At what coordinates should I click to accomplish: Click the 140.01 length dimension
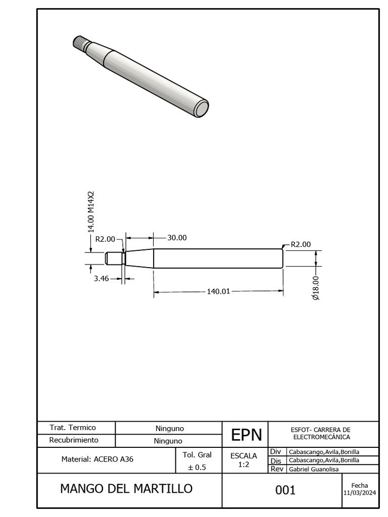point(218,291)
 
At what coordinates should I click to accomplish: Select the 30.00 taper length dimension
point(177,238)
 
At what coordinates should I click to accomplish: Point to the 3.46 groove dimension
point(101,279)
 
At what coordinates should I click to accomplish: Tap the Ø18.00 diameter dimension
point(316,288)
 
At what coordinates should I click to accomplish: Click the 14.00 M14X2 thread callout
point(91,212)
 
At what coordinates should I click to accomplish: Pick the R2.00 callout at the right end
point(301,244)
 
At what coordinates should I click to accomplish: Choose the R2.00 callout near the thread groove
point(105,239)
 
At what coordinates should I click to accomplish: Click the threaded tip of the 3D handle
point(80,43)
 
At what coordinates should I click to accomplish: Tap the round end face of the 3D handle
point(201,109)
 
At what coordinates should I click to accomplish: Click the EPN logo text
point(247,435)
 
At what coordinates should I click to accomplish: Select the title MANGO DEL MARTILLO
point(126,489)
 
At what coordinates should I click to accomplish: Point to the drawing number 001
point(285,490)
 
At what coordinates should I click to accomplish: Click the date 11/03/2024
point(360,493)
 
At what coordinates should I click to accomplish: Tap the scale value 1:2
point(244,464)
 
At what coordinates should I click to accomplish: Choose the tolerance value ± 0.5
point(197,467)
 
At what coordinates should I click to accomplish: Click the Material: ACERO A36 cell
point(98,459)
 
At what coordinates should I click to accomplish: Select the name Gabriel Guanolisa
point(314,469)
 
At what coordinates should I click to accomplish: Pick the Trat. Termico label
point(73,428)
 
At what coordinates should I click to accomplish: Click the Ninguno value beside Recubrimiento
point(168,441)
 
